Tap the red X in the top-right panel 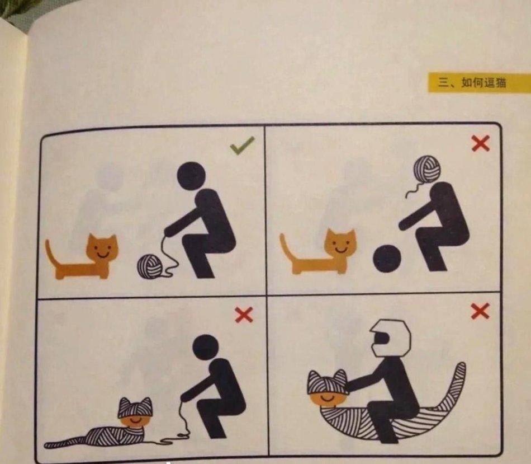(x=481, y=143)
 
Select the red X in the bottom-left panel (x=244, y=315)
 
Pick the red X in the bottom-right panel (x=480, y=311)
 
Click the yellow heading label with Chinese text (x=479, y=82)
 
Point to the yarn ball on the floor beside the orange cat (x=149, y=267)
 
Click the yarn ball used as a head (x=427, y=169)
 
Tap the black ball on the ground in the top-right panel (x=387, y=259)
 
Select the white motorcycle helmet (x=391, y=338)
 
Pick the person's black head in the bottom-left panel (x=206, y=348)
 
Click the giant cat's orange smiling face (x=328, y=399)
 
